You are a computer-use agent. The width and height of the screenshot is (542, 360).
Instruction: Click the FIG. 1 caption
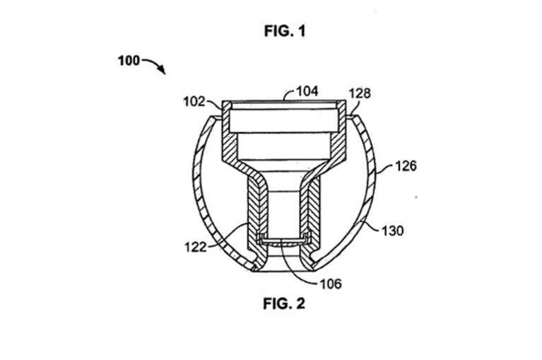285,31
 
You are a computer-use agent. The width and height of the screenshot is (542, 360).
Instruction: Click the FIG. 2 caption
284,303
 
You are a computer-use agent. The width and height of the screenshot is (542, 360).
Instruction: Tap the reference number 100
129,61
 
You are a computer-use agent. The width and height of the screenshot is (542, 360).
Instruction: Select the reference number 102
194,102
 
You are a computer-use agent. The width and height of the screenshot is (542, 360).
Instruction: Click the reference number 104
307,91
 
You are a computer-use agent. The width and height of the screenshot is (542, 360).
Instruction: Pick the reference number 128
360,93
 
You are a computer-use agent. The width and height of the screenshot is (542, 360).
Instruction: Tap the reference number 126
406,166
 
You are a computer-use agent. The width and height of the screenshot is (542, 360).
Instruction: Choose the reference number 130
392,231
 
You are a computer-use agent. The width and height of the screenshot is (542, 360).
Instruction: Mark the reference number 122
195,247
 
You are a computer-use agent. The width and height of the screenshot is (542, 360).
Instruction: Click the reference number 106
331,284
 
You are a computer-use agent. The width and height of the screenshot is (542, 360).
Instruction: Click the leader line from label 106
294,269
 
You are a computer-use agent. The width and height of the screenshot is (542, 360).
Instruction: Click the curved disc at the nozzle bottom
283,243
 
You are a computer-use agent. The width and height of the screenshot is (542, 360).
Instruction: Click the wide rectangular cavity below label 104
283,121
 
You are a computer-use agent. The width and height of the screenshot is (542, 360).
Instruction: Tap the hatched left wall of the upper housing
228,139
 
